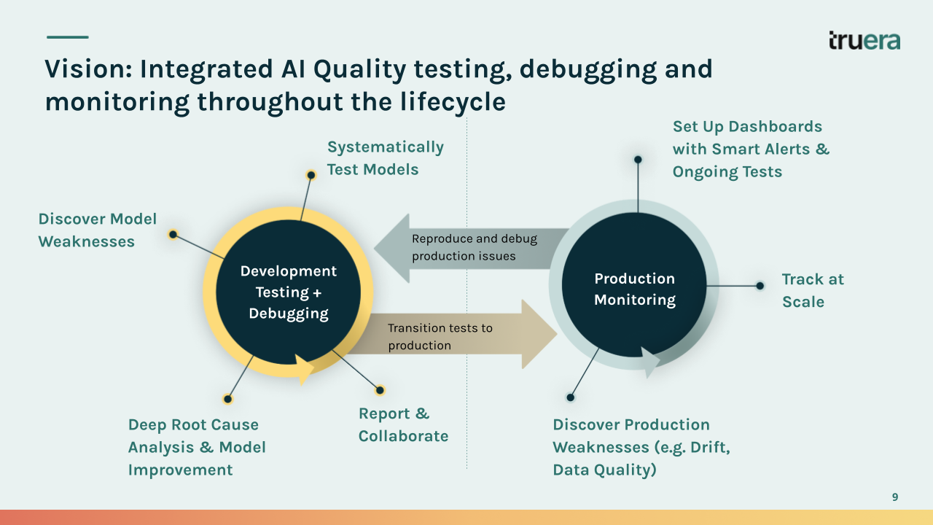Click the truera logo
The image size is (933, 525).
864,41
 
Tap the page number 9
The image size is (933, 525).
895,497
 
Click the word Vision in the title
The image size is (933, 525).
86,69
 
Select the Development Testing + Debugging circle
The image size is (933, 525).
289,292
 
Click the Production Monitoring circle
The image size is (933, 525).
634,289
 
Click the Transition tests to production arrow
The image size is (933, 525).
452,336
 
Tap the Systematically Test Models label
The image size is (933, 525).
385,158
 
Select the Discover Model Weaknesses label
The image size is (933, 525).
97,230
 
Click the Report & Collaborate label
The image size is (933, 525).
403,425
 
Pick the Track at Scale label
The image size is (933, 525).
813,290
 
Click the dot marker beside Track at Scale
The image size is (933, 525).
760,286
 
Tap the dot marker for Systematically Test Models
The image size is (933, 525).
311,175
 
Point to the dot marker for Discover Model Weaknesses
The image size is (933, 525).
173,234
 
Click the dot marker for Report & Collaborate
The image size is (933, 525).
380,390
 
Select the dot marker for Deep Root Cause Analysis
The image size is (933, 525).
228,399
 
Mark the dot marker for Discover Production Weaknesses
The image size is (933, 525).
571,397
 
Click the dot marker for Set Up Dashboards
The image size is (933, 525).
638,159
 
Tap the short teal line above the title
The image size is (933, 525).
67,37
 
